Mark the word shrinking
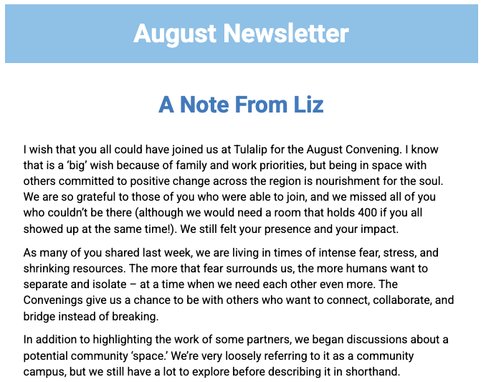click(x=48, y=269)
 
